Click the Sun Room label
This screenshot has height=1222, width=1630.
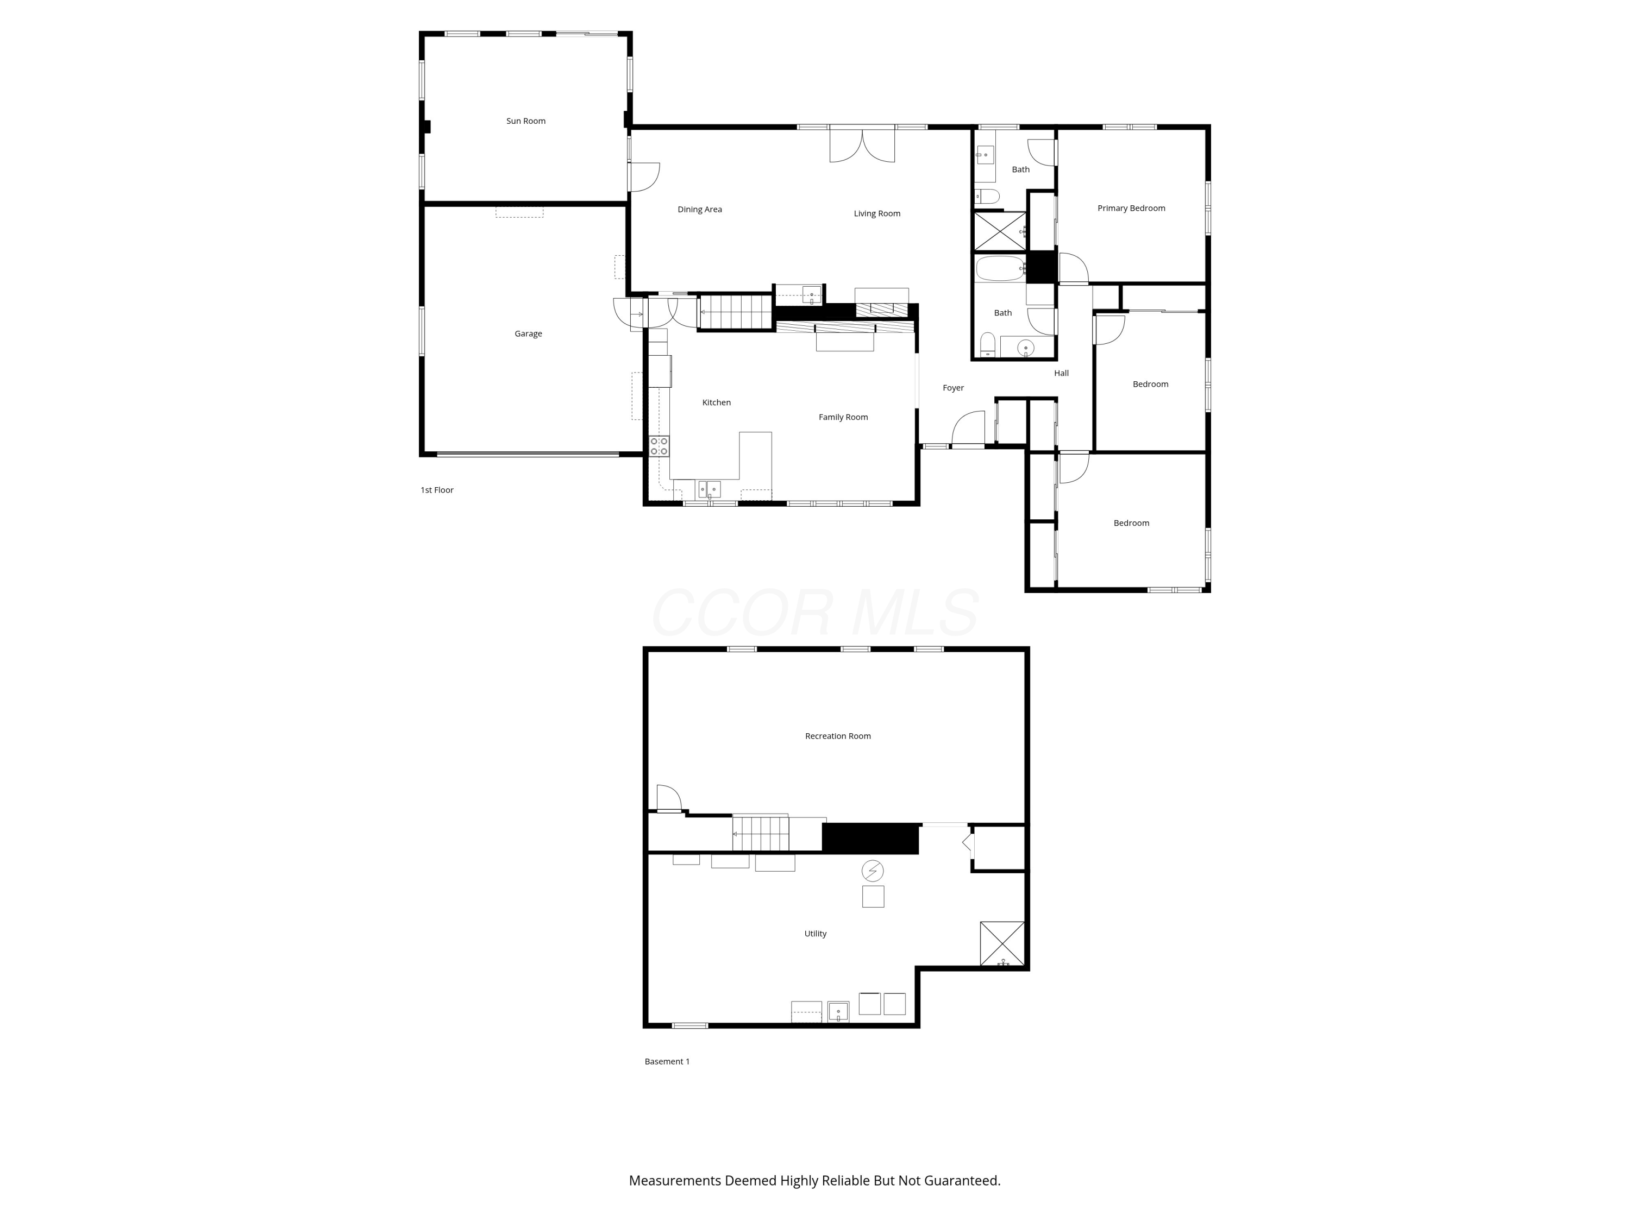click(525, 121)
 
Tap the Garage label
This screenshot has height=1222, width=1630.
click(528, 333)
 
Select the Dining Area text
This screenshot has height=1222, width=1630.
click(699, 209)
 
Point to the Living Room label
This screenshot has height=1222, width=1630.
click(877, 213)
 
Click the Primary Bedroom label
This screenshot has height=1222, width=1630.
click(1131, 209)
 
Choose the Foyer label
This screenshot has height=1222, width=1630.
click(953, 387)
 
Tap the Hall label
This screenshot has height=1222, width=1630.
click(1061, 373)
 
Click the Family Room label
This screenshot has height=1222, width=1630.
click(843, 417)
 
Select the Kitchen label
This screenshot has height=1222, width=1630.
click(716, 402)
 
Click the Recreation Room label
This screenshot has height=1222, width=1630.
click(838, 736)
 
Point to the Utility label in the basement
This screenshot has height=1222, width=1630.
click(815, 933)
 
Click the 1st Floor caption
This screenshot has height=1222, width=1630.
click(437, 490)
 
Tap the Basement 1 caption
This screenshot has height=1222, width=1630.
click(667, 1061)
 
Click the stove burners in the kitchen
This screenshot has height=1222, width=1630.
click(659, 446)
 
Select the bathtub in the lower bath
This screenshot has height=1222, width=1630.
click(1000, 268)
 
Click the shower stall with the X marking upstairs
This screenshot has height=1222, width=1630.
click(1000, 231)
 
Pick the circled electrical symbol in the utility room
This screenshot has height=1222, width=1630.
click(873, 871)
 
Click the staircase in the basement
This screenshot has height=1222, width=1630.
click(761, 834)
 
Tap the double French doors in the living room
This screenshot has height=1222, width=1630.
click(862, 144)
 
